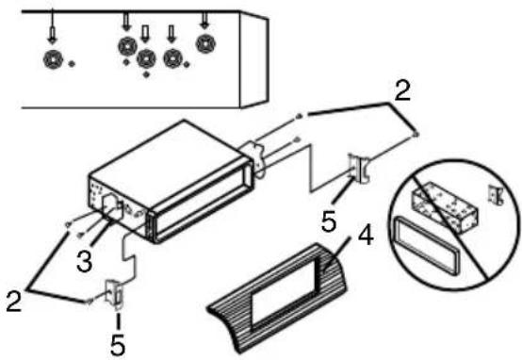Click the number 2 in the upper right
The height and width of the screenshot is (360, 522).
coord(402,90)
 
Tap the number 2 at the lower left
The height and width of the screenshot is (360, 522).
coord(14,302)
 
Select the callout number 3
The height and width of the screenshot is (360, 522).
coord(84,261)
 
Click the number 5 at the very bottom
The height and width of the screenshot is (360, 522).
coord(118,345)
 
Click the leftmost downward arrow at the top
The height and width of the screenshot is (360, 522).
coord(52,27)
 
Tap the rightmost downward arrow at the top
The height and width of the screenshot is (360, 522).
coord(204,20)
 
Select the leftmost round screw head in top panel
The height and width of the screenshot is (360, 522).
coord(53,60)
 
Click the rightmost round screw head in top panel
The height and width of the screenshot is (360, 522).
coord(205,43)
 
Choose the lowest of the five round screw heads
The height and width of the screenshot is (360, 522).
coord(146,58)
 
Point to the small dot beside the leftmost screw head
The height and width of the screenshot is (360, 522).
coord(72,64)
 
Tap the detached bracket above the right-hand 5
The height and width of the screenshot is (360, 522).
coord(359,167)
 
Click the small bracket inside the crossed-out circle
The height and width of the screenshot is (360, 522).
coord(496,195)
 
